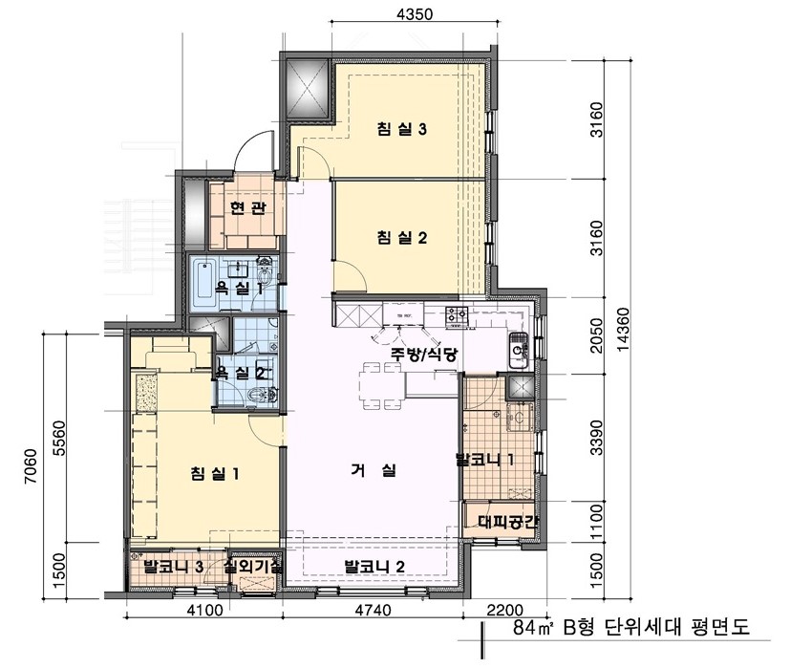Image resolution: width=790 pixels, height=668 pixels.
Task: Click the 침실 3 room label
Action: tap(401, 131)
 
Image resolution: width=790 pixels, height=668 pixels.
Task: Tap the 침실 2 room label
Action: tap(401, 236)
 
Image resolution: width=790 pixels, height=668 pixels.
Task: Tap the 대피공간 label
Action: tap(503, 522)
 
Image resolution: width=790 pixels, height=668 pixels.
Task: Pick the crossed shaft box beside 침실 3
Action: tap(307, 89)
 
